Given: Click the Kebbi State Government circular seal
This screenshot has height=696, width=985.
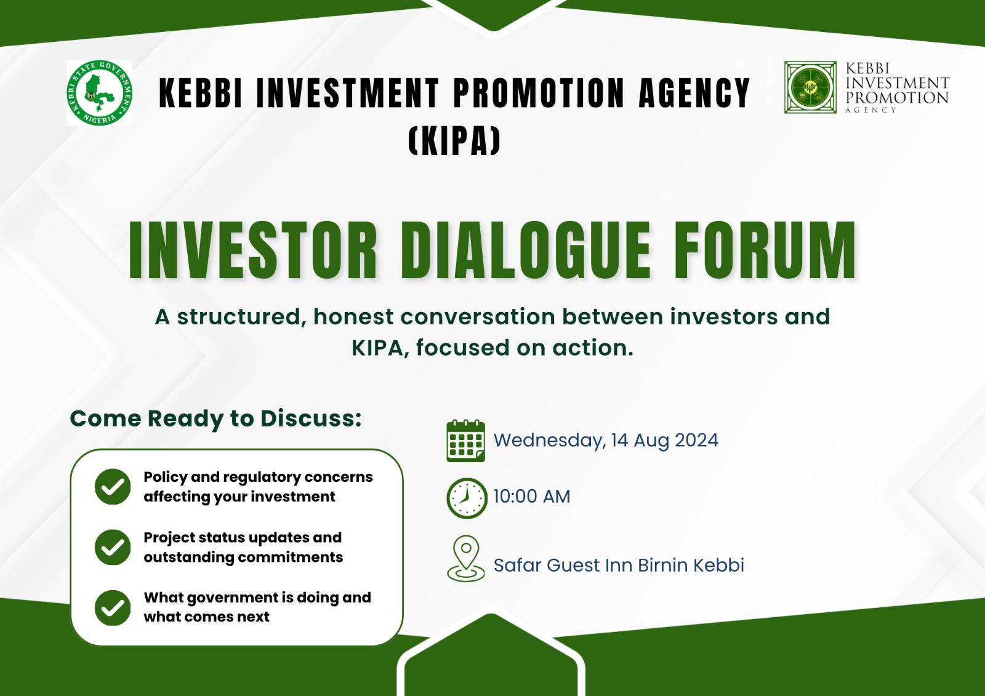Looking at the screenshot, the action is (x=99, y=92).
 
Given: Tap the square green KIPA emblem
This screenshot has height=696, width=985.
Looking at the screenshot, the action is (x=810, y=87).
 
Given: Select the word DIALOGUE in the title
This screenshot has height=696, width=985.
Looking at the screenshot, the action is (x=525, y=250).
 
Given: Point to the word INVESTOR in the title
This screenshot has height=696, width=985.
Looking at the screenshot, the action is (x=253, y=250).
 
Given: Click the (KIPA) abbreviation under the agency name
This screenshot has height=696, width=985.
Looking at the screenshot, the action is (x=454, y=141).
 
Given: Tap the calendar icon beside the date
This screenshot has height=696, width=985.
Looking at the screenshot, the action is (x=465, y=441).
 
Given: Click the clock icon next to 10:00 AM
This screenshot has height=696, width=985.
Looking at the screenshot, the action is (x=467, y=498).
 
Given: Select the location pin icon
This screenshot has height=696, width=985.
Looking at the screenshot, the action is (x=466, y=558).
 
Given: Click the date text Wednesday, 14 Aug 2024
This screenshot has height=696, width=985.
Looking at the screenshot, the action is (x=606, y=441).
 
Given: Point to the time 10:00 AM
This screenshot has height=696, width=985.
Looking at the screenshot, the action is (x=532, y=497).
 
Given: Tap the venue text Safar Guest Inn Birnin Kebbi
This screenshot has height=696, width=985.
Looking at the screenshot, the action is (x=619, y=565).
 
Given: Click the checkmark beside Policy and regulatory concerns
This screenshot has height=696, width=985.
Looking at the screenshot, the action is (x=113, y=486).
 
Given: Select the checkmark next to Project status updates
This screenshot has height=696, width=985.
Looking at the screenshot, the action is (x=113, y=547).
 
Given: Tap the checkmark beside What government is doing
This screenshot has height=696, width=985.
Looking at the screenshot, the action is (x=113, y=607).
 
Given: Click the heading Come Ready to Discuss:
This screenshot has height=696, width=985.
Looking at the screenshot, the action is (x=215, y=419).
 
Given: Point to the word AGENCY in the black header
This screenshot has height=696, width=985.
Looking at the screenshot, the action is (x=694, y=93).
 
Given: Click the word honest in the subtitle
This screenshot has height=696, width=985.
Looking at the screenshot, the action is (x=353, y=317).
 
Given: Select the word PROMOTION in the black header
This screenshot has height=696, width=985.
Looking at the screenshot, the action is (x=538, y=93).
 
